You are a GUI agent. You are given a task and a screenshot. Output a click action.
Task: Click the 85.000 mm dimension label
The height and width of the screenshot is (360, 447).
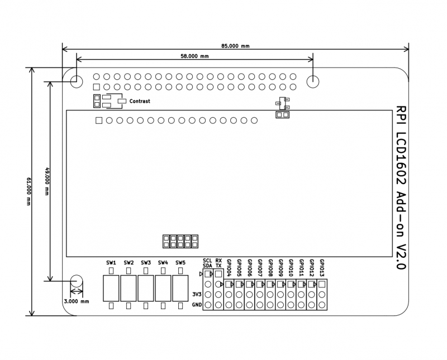pos(235,46)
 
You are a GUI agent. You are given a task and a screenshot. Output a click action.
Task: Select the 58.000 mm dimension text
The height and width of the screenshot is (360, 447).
pos(194,56)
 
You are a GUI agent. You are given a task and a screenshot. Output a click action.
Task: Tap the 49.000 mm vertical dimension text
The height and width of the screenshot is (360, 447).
pos(47,181)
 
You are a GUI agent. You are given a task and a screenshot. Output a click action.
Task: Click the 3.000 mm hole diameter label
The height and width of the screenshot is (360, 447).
pos(77,301)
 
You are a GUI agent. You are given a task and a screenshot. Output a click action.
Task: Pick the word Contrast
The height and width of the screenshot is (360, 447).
pos(140,101)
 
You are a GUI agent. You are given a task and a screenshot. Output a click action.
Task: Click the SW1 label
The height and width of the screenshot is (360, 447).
pos(111,262)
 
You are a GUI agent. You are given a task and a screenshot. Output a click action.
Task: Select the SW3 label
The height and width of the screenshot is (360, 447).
pos(146,262)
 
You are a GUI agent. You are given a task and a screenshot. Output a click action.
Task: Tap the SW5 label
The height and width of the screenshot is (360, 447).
pos(180,262)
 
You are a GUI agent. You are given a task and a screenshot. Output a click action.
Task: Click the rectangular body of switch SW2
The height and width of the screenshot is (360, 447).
pos(129,288)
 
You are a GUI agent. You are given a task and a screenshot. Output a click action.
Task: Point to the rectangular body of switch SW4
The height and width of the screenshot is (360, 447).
pos(163,288)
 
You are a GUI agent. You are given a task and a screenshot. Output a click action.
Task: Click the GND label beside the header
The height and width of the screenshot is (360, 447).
pos(197,305)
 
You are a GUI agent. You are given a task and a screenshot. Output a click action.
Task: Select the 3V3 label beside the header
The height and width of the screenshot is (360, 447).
pos(197,294)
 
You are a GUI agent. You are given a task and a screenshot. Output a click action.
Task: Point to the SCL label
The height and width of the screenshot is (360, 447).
pos(207,260)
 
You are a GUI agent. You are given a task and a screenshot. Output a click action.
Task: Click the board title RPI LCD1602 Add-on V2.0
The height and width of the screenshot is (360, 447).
pos(400,188)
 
